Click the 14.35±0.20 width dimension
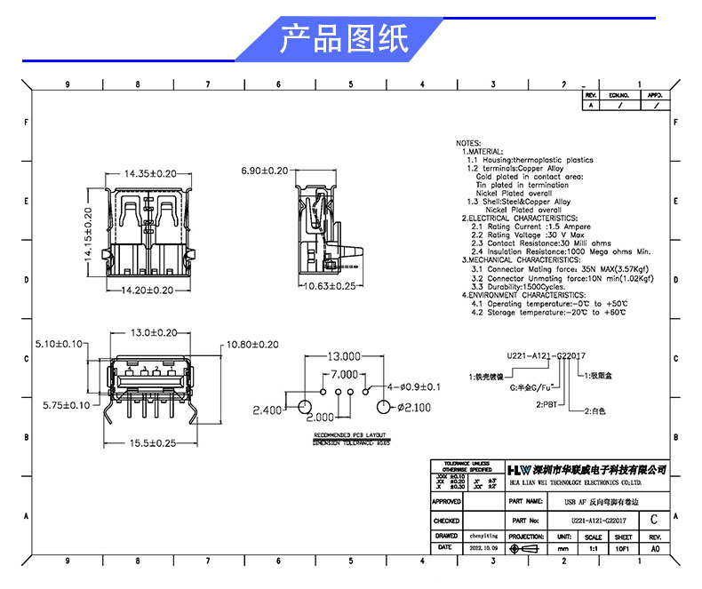pyautogui.click(x=150, y=173)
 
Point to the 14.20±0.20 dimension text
pyautogui.click(x=147, y=290)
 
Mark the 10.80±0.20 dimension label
pyautogui.click(x=252, y=344)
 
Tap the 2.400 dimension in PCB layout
pyautogui.click(x=267, y=410)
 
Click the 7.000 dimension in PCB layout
pyautogui.click(x=344, y=374)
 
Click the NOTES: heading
pyautogui.click(x=468, y=143)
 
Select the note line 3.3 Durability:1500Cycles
pyautogui.click(x=518, y=287)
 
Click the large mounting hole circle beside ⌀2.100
pyautogui.click(x=385, y=408)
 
